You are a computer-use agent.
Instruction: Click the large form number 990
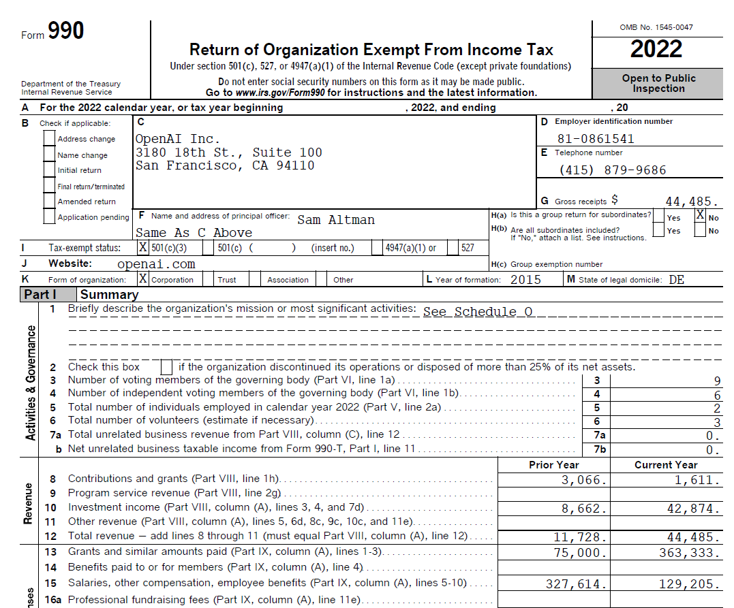[66, 31]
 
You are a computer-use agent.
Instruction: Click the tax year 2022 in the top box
[656, 49]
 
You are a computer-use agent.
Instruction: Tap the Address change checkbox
[49, 138]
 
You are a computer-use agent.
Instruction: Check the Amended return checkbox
[49, 201]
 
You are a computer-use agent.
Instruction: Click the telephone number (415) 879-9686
[612, 170]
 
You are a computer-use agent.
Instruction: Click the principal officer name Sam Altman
[336, 220]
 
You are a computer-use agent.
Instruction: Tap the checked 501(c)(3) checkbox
[143, 248]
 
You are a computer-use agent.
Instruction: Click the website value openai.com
[156, 264]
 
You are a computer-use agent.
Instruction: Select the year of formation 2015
[525, 280]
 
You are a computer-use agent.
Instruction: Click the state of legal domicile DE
[676, 280]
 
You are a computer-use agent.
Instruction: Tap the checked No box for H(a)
[700, 215]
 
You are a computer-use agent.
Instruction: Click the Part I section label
[40, 295]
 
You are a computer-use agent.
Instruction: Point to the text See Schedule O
[478, 312]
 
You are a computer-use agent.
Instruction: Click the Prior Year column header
[553, 465]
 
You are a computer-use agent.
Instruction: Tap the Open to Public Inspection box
[658, 83]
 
